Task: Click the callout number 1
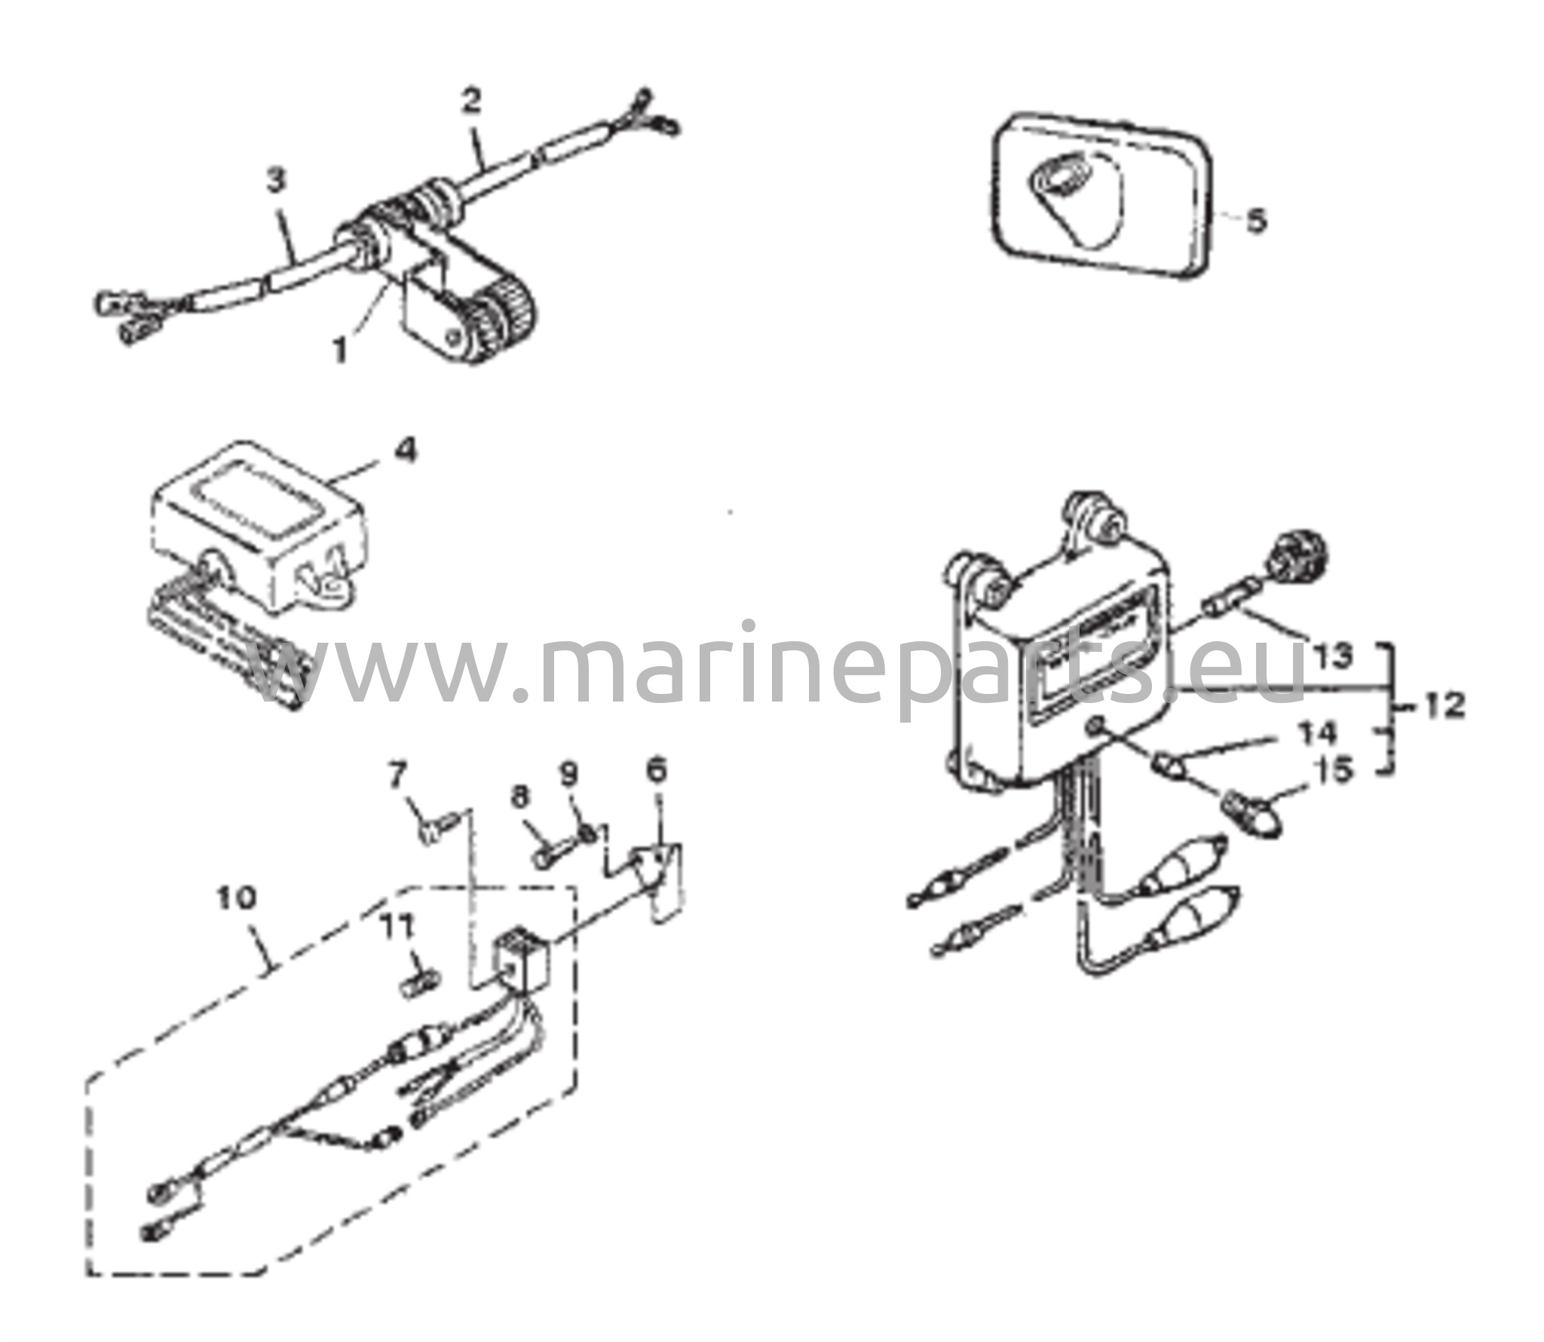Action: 342,349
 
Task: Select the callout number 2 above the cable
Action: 471,101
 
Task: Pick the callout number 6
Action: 657,770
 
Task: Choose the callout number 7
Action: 397,775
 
